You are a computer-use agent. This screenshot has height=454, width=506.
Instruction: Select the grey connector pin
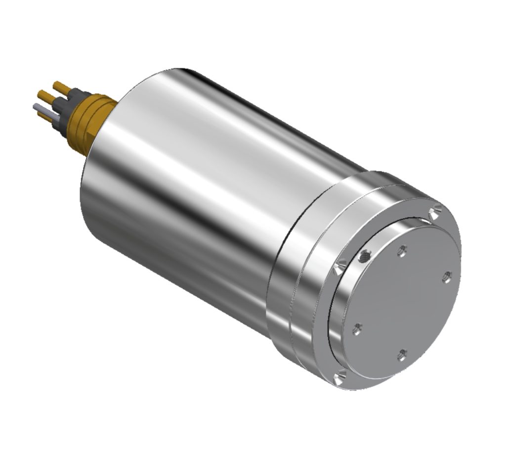pos(40,107)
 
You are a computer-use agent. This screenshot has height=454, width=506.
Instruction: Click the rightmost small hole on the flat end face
pos(447,277)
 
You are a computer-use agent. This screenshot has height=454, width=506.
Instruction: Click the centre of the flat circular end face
pos(403,302)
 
